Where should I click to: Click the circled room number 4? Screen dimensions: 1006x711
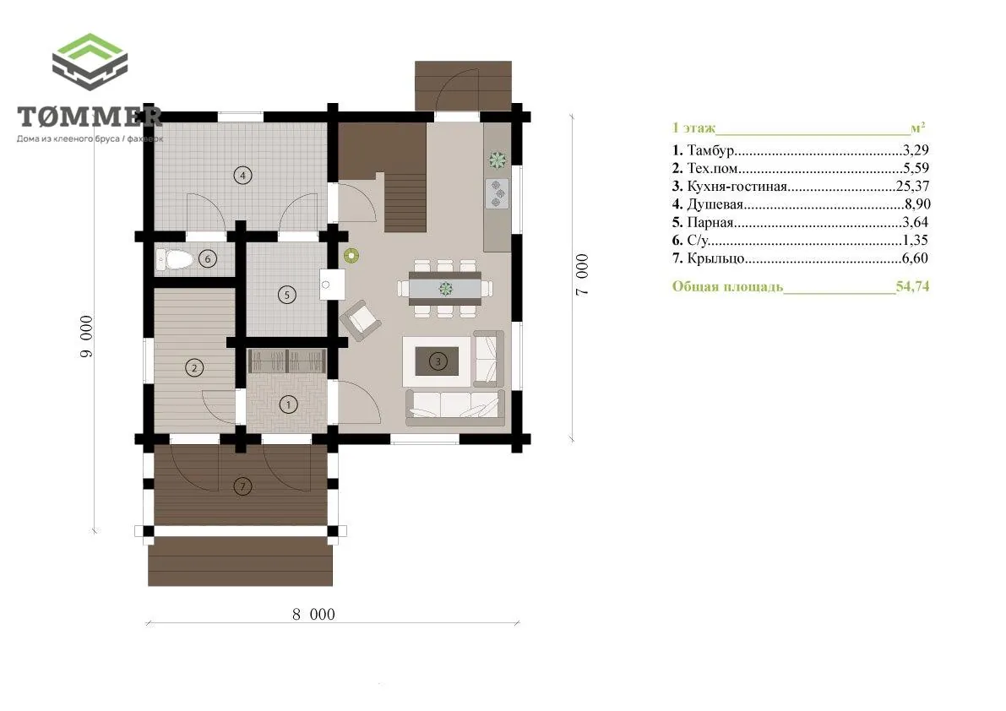click(242, 175)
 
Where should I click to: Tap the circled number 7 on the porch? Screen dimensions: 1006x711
click(242, 486)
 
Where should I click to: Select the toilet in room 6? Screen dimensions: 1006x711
click(175, 259)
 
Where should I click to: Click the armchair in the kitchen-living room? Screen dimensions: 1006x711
click(361, 318)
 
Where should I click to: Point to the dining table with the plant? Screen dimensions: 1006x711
click(445, 289)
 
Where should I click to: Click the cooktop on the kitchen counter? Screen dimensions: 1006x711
click(498, 193)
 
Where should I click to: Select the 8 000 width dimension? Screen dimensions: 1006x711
click(313, 614)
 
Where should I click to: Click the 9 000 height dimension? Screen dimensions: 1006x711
click(86, 336)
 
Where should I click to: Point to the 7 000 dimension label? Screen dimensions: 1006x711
click(581, 274)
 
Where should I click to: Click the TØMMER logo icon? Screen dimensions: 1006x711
click(90, 62)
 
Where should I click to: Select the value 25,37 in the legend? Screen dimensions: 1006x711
click(912, 186)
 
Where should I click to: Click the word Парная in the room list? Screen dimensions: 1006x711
click(710, 222)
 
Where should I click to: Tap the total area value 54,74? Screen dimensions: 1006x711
click(912, 286)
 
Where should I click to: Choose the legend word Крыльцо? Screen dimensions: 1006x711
click(716, 258)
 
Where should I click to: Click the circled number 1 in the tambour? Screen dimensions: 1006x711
click(288, 404)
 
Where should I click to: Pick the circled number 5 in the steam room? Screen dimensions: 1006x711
click(287, 295)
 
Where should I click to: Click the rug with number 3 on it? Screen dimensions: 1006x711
click(438, 361)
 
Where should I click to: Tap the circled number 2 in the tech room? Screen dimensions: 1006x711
click(193, 368)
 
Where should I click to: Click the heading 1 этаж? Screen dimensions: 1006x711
click(694, 128)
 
